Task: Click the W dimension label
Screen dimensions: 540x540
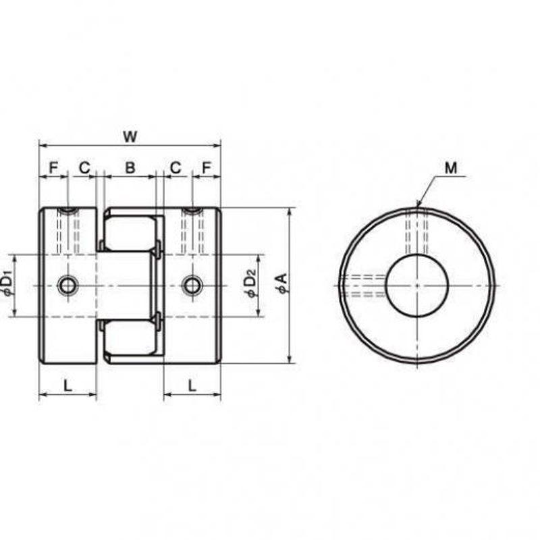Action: [130, 137]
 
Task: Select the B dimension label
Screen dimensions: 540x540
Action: [130, 167]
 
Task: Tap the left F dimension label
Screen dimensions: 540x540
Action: [53, 167]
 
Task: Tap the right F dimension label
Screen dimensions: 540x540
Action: [206, 167]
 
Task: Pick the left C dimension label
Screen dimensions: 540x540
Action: [84, 167]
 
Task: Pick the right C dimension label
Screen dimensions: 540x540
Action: [175, 167]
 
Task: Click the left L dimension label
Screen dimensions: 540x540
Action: [68, 385]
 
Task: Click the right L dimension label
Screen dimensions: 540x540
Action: [192, 385]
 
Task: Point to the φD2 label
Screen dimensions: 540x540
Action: [251, 283]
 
